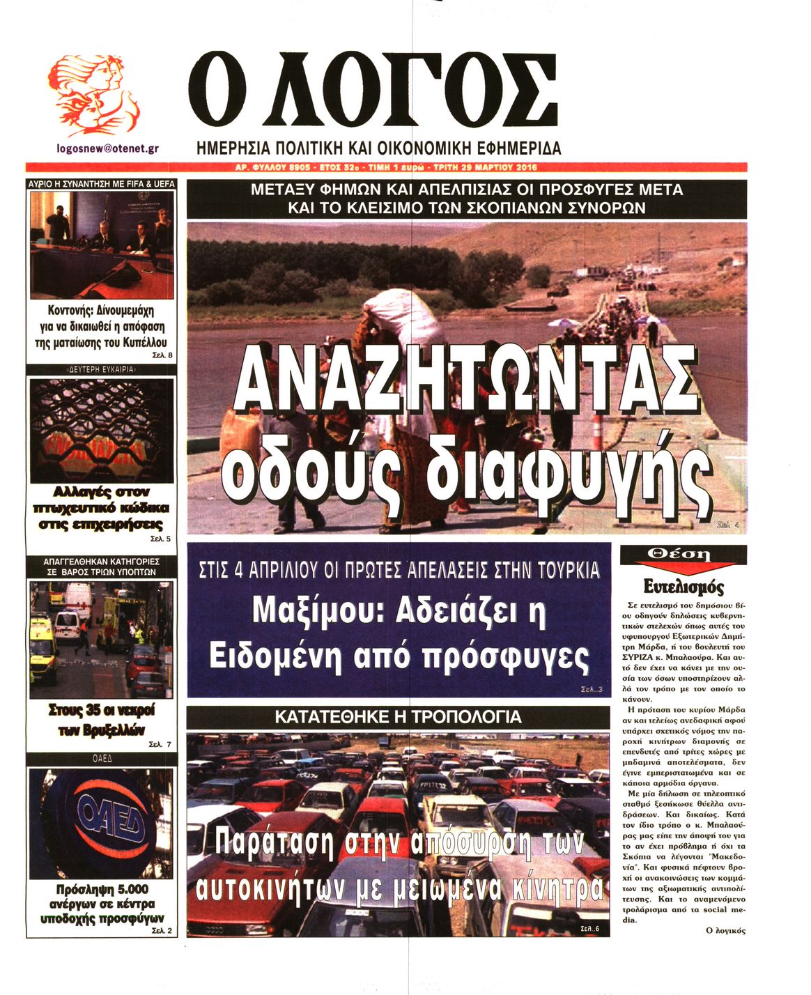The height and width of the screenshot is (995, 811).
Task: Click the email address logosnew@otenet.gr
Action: (107, 148)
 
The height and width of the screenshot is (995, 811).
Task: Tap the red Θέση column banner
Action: (683, 555)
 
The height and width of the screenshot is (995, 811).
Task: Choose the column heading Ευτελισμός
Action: (683, 586)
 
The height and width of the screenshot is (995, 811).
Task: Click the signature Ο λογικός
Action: (725, 930)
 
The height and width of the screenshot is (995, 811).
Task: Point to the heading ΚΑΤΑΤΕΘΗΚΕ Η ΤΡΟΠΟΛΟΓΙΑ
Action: (398, 716)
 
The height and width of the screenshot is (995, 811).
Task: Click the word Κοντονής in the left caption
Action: (69, 310)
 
